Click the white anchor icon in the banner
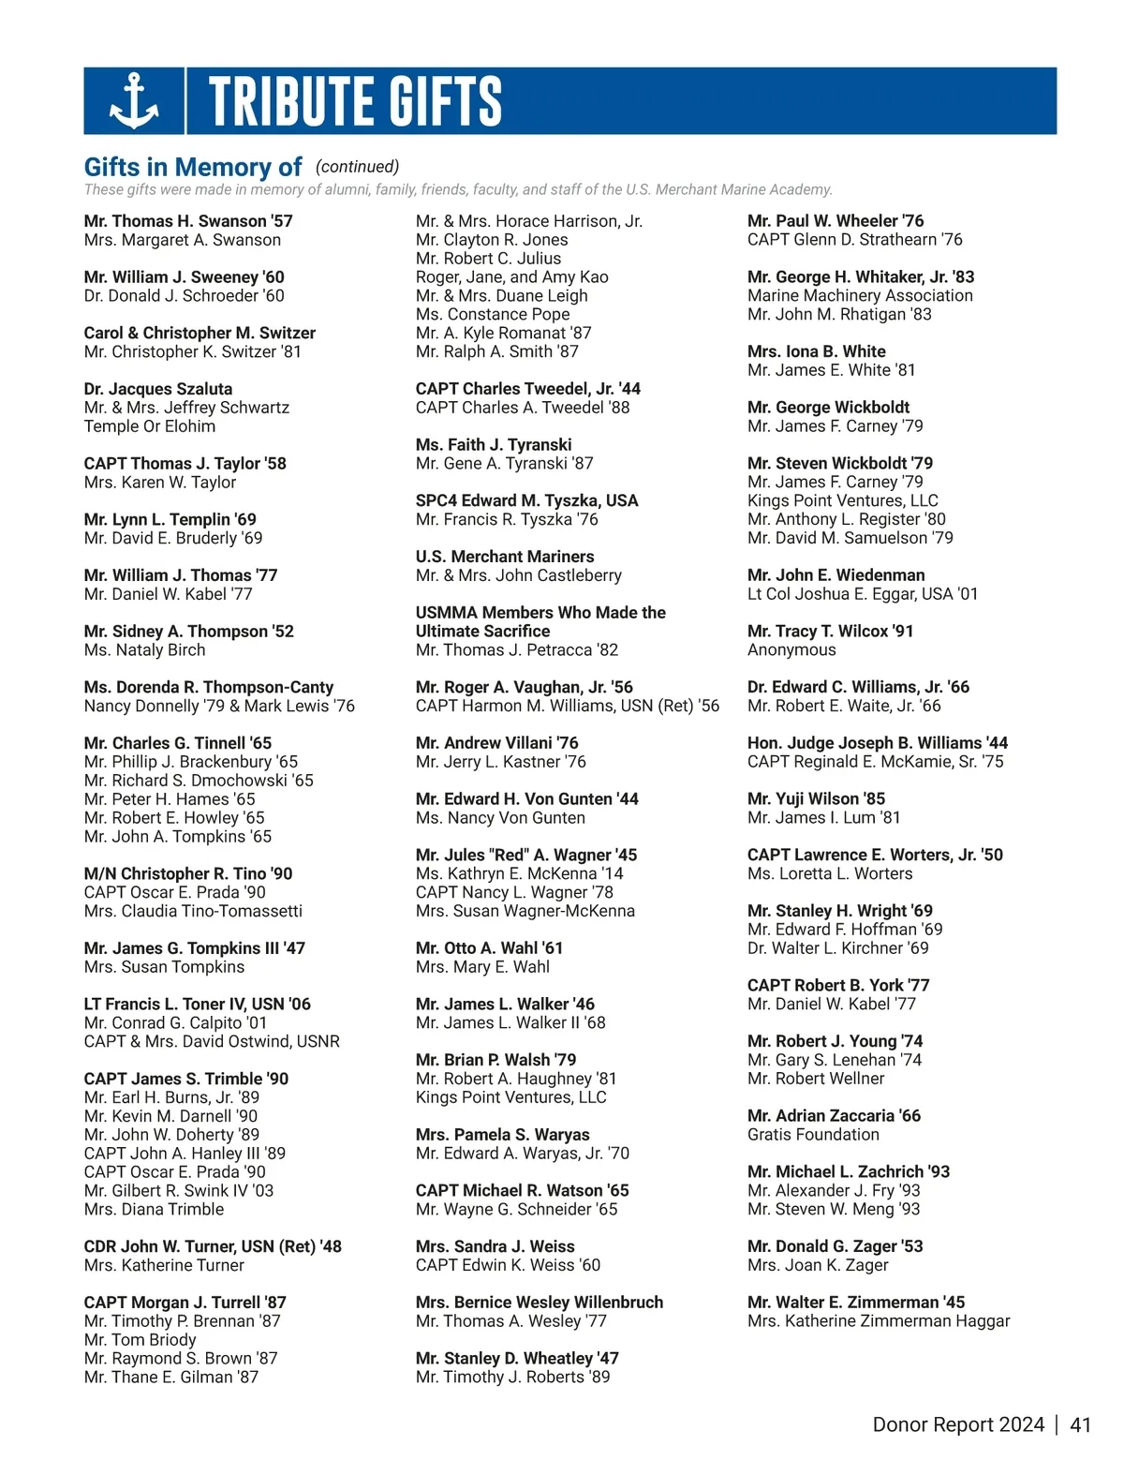(134, 101)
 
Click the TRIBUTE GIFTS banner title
(355, 101)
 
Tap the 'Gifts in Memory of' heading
(192, 168)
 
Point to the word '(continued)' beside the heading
(357, 167)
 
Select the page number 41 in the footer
(1080, 1424)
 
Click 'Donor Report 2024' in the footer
(957, 1424)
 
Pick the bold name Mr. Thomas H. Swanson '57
(188, 221)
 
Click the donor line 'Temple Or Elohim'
(150, 426)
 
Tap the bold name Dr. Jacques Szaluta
(158, 389)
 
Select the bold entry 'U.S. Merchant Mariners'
(505, 557)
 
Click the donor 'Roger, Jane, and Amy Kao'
(512, 277)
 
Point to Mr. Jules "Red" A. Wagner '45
(526, 855)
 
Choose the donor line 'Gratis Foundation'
(813, 1135)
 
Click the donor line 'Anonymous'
(791, 650)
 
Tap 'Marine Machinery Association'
(860, 296)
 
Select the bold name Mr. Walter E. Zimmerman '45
(856, 1303)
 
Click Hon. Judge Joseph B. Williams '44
(878, 743)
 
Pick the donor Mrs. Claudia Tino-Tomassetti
(193, 911)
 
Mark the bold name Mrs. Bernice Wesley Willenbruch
(540, 1303)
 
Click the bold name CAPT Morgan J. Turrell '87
(185, 1303)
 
